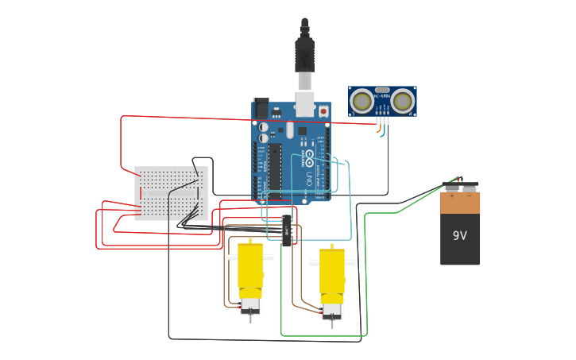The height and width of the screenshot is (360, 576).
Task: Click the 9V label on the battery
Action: coord(460,236)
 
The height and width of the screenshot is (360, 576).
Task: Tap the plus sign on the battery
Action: coord(452,195)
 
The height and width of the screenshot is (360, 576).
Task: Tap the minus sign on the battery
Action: coord(469,195)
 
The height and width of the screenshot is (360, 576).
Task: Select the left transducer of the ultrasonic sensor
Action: coord(362,101)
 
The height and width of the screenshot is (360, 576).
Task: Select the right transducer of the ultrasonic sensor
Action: coord(403,101)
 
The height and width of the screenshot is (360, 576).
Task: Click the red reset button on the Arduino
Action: coord(323,112)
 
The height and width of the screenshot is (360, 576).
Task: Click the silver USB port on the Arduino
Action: coord(304,103)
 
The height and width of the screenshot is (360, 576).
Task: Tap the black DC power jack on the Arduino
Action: coord(261,110)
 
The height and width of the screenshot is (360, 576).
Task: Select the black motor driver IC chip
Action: coord(286,230)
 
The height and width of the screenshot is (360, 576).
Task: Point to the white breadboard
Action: coord(171,193)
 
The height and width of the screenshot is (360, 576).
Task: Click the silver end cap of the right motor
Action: coord(332,309)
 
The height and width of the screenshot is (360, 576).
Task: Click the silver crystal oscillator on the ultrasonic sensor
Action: coord(382,91)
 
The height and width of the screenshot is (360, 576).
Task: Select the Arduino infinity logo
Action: coord(309,157)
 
